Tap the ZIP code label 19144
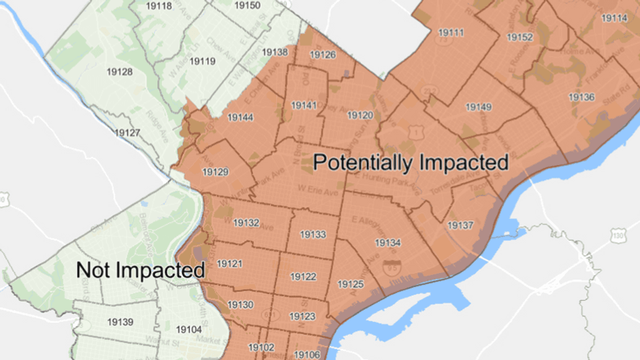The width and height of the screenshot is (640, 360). (240, 118)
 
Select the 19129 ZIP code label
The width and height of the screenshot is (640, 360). (216, 172)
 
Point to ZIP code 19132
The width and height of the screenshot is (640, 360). (246, 223)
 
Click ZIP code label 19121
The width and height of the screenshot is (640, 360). (229, 263)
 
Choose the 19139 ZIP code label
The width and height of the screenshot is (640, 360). (120, 321)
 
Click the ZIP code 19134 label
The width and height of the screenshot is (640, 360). (387, 242)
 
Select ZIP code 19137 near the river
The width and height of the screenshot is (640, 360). (460, 225)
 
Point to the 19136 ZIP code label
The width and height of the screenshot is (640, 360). (581, 97)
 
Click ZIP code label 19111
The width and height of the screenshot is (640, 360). (451, 33)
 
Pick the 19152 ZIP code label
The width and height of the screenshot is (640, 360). (520, 37)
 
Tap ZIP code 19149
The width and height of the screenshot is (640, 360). (479, 107)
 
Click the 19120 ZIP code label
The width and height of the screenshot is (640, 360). (360, 115)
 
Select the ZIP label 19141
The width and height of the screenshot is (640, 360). (304, 105)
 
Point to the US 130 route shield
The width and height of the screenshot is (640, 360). (618, 235)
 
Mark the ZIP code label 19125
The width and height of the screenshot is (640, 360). (350, 284)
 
